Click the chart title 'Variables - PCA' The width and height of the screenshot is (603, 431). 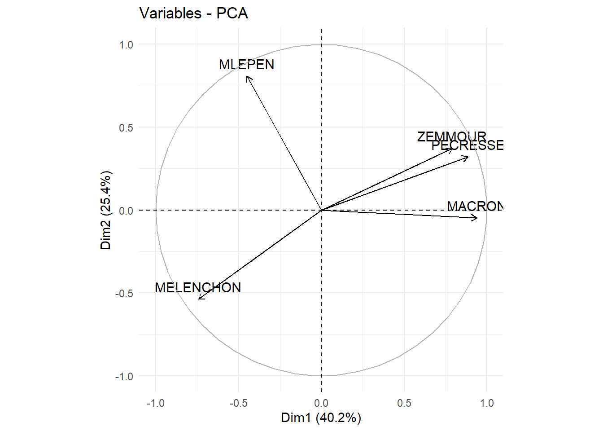click(x=193, y=13)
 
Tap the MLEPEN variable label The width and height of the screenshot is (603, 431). click(x=246, y=65)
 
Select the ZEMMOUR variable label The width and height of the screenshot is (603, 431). click(x=451, y=136)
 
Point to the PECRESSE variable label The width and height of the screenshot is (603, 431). click(x=467, y=145)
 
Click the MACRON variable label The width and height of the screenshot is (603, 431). click(x=475, y=206)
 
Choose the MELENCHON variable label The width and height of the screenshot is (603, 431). click(x=198, y=287)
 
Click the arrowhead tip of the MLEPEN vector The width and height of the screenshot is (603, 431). click(x=247, y=76)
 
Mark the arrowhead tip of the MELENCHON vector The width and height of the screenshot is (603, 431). click(x=198, y=299)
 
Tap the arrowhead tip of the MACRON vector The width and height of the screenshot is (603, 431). click(x=477, y=218)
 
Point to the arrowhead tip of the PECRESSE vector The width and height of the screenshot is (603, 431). click(x=468, y=157)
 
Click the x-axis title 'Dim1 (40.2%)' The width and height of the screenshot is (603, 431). click(x=321, y=418)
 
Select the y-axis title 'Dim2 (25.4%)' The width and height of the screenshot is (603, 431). click(x=105, y=210)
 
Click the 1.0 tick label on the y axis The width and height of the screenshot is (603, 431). click(x=126, y=44)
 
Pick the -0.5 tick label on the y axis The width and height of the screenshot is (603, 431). click(x=124, y=293)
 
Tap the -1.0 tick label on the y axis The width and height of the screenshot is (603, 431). click(x=124, y=376)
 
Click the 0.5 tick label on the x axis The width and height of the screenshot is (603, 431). click(x=404, y=403)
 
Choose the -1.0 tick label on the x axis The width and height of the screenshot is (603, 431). click(x=155, y=403)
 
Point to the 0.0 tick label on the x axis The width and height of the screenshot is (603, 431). click(x=321, y=403)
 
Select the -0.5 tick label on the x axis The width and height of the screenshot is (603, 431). click(x=238, y=403)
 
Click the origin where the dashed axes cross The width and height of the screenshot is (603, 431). click(x=321, y=210)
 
